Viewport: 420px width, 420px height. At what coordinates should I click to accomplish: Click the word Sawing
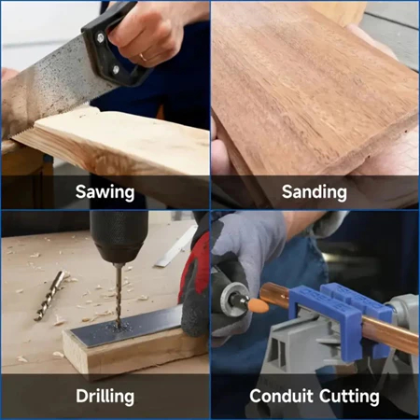click(x=105, y=192)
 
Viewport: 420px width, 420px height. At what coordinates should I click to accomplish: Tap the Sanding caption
click(x=315, y=192)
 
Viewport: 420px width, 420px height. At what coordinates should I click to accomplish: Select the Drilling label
click(x=105, y=397)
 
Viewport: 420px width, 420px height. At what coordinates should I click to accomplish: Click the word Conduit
click(x=281, y=396)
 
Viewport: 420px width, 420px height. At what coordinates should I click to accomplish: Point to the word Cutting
click(x=349, y=397)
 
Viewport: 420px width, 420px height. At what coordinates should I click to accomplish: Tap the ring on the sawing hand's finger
click(x=144, y=57)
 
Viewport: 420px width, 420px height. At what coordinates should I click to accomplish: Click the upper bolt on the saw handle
click(x=100, y=38)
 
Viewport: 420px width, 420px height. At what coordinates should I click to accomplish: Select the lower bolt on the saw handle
click(x=116, y=70)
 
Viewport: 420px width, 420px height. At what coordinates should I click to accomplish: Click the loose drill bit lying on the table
click(x=49, y=296)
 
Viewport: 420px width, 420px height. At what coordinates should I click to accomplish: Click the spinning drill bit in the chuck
click(x=119, y=296)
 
